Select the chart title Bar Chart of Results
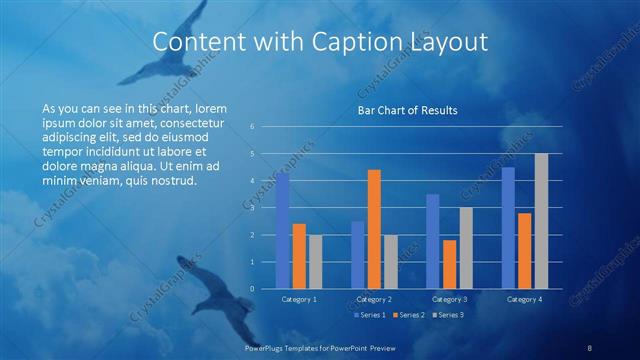407,111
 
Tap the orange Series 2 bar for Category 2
374,228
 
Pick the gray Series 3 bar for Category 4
541,221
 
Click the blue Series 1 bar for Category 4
508,227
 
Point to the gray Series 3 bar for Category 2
390,261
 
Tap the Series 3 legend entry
448,315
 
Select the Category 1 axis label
298,299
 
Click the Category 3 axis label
450,299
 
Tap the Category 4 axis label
525,299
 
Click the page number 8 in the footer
590,347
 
